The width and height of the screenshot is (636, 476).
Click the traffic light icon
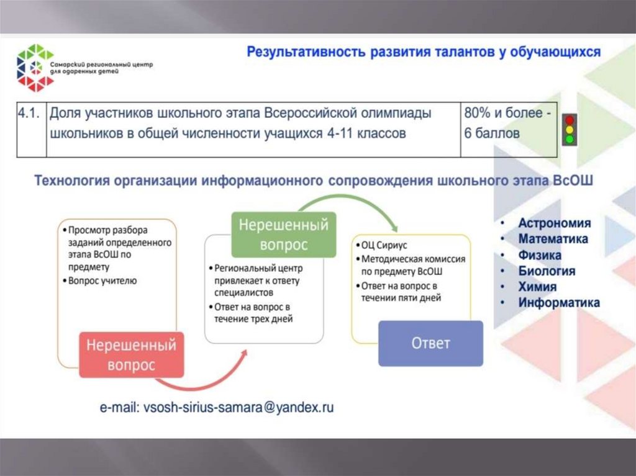(x=569, y=130)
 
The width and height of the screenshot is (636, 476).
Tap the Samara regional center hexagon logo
(x=35, y=67)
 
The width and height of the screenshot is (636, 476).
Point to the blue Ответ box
(x=430, y=343)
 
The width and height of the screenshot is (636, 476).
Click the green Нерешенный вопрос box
(x=284, y=234)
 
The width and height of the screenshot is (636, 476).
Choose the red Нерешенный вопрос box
(x=131, y=355)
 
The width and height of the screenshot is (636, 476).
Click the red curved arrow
(x=205, y=379)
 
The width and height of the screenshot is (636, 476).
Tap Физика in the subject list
(x=540, y=255)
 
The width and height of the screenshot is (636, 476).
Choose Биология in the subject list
(x=547, y=271)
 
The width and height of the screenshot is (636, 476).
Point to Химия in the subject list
(x=537, y=287)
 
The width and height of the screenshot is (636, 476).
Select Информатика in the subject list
(x=559, y=303)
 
